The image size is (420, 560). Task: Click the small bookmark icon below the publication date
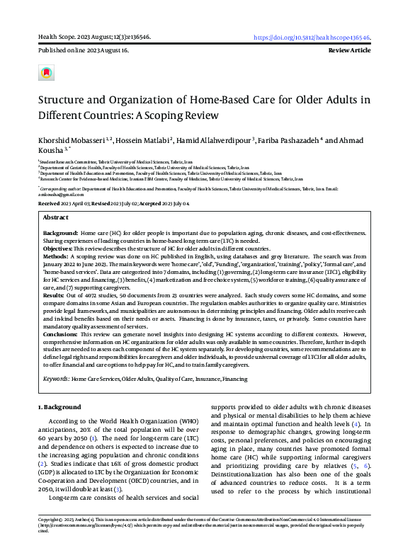click(x=47, y=73)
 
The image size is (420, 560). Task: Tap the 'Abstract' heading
click(x=56, y=217)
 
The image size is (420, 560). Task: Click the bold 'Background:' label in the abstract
click(x=60, y=233)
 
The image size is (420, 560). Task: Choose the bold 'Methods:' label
click(x=57, y=257)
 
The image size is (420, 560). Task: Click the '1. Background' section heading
click(x=60, y=408)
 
